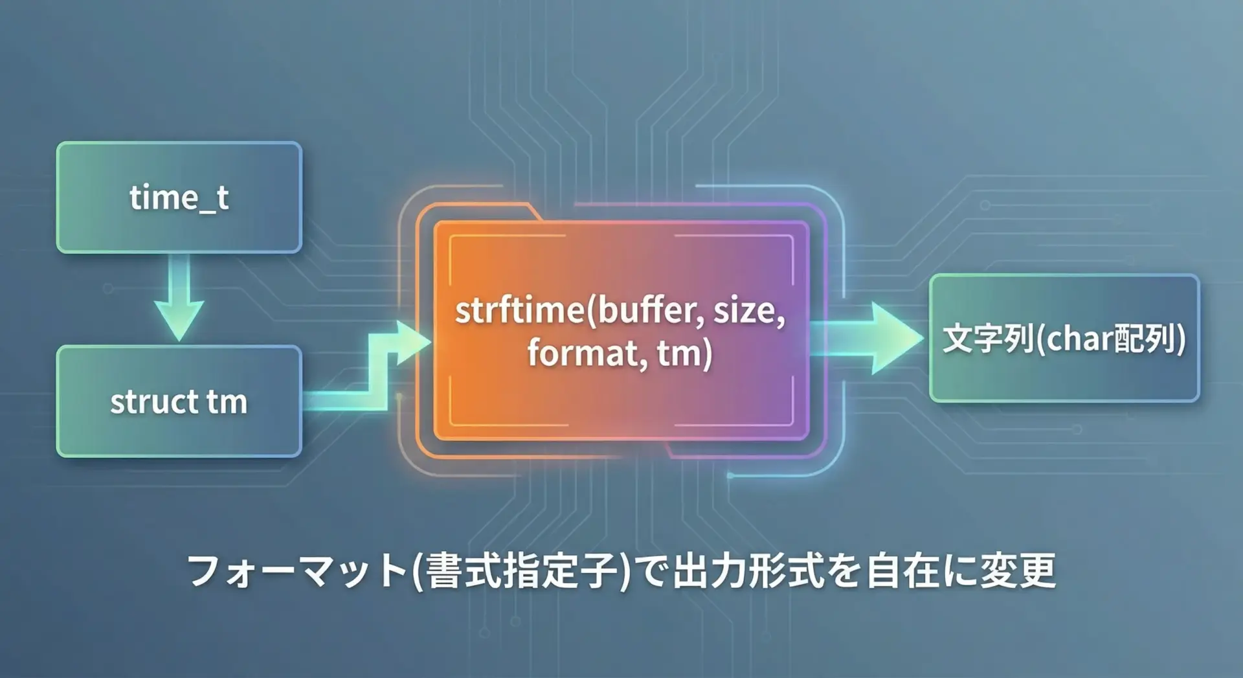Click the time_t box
tap(179, 197)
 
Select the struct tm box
tap(179, 401)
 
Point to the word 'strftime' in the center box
tap(519, 311)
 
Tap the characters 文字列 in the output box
tap(987, 339)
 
